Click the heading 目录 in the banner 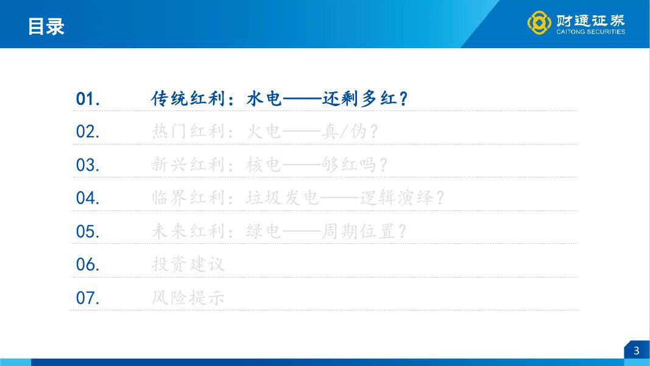pyautogui.click(x=46, y=27)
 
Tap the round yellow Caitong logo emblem pyautogui.click(x=539, y=23)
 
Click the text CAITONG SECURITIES pyautogui.click(x=590, y=32)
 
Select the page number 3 pyautogui.click(x=637, y=351)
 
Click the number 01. pyautogui.click(x=88, y=99)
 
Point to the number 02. pyautogui.click(x=88, y=132)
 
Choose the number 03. pyautogui.click(x=88, y=165)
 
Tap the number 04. pyautogui.click(x=88, y=198)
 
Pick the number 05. pyautogui.click(x=88, y=231)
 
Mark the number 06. pyautogui.click(x=88, y=264)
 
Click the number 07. pyautogui.click(x=88, y=298)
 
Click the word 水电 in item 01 pyautogui.click(x=264, y=99)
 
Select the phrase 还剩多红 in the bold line pyautogui.click(x=359, y=99)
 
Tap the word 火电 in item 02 pyautogui.click(x=264, y=132)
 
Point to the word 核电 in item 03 pyautogui.click(x=264, y=165)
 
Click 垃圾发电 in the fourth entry pyautogui.click(x=282, y=198)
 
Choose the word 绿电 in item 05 pyautogui.click(x=264, y=231)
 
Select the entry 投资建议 pyautogui.click(x=188, y=264)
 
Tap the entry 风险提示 pyautogui.click(x=188, y=298)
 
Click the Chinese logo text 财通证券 pyautogui.click(x=590, y=20)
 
